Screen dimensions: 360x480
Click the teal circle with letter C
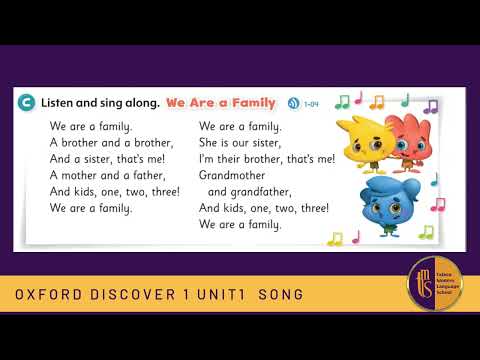coord(25,102)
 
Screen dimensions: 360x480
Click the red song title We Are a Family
coord(219,102)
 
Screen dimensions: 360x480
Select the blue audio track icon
coord(293,103)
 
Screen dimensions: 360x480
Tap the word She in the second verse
coord(210,143)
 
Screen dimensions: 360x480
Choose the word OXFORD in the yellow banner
coord(47,296)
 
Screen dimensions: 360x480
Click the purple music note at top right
coord(431,105)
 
